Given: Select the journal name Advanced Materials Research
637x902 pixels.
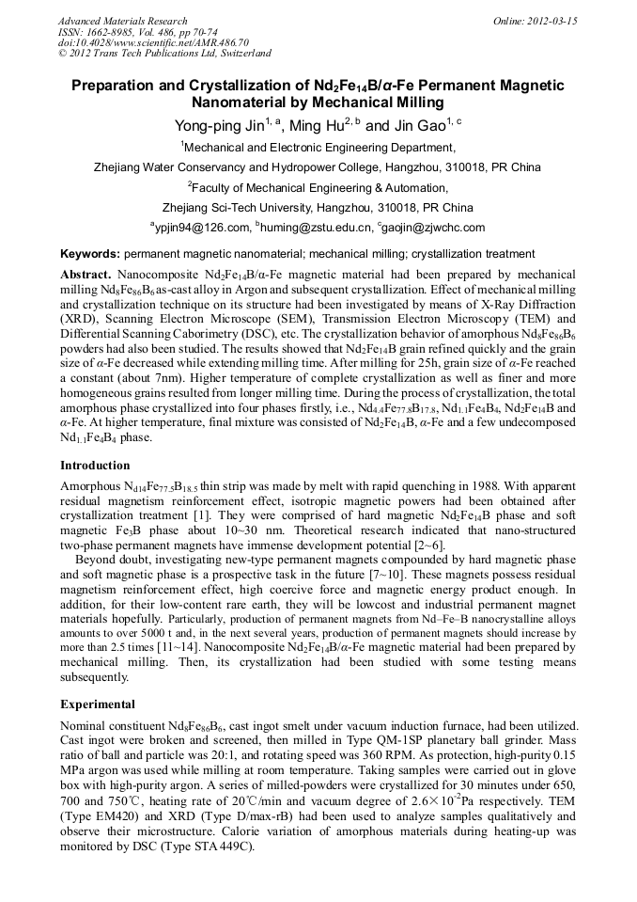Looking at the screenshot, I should (122, 21).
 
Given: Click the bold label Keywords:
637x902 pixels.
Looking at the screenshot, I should (90, 254).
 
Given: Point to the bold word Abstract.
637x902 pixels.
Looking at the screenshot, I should (85, 273).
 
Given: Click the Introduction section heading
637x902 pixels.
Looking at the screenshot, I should (95, 466).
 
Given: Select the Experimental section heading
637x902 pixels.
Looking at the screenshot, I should (98, 704).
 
